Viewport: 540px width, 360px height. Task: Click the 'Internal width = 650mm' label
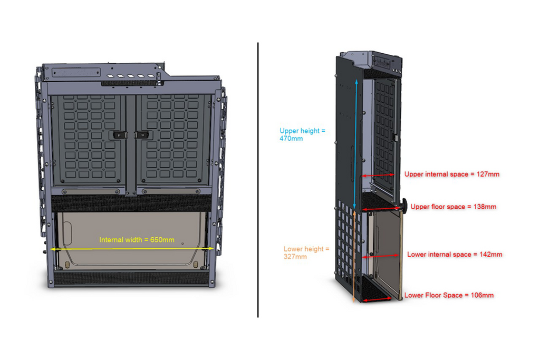click(137, 239)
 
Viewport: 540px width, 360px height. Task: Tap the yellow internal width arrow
click(132, 248)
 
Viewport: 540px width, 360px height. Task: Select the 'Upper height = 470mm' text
click(302, 134)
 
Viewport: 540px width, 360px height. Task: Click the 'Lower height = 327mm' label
click(306, 252)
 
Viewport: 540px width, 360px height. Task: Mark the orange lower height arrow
click(354, 256)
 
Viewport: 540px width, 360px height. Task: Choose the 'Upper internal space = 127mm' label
click(451, 174)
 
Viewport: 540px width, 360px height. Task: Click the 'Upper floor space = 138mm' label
click(453, 207)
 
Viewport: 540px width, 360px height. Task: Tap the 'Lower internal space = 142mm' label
click(455, 255)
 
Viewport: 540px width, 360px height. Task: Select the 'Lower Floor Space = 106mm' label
click(449, 295)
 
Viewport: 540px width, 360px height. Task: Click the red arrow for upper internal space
click(378, 175)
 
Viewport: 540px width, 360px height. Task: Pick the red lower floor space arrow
click(377, 300)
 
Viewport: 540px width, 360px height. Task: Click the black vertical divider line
click(258, 180)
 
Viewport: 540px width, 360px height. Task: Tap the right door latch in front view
click(141, 134)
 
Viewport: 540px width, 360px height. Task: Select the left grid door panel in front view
click(90, 139)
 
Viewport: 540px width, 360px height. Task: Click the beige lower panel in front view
click(131, 239)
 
